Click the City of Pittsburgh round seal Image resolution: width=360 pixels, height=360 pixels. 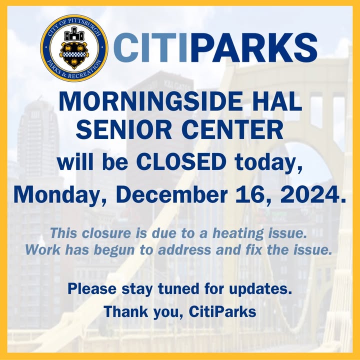tap(74, 48)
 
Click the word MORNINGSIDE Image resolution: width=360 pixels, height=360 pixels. tap(150, 101)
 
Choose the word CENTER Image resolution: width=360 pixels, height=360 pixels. tap(232, 129)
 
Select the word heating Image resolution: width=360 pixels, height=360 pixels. tap(238, 234)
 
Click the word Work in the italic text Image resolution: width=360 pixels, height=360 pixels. tap(43, 250)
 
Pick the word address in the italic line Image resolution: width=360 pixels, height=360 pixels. tap(184, 250)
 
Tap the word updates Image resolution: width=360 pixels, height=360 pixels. tap(260, 289)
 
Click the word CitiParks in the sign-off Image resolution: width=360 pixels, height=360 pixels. tap(222, 312)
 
